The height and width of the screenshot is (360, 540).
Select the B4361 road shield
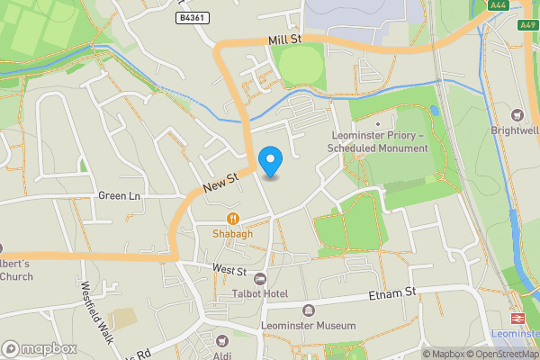point(190,17)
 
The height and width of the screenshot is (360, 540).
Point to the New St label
point(219,184)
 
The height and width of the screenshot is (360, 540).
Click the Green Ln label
point(120,196)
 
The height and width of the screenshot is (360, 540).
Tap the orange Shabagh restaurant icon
point(232,218)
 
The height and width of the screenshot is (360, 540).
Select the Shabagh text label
point(232,233)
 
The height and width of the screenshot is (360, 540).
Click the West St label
point(229,269)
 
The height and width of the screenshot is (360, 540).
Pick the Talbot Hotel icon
point(260,279)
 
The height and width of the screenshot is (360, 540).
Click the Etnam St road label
point(392,293)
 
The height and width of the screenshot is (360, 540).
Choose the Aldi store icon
point(221,343)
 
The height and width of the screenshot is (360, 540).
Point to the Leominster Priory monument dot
point(378,124)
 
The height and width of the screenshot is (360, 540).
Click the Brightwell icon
point(517,114)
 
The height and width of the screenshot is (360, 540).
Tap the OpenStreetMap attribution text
point(508,354)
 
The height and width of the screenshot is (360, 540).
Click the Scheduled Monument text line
point(378,148)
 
